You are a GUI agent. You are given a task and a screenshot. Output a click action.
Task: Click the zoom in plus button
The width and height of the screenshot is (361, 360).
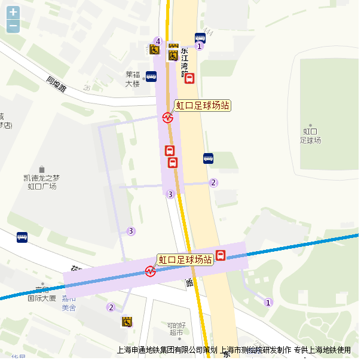tap(13, 12)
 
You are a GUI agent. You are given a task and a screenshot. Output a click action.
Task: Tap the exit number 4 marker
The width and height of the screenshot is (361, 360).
tap(158, 41)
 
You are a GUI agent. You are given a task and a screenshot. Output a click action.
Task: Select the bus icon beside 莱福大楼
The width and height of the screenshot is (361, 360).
tap(151, 77)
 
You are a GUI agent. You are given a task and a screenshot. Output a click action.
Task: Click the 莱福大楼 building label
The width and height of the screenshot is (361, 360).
tap(132, 79)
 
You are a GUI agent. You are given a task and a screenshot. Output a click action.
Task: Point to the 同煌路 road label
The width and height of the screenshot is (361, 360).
tap(57, 84)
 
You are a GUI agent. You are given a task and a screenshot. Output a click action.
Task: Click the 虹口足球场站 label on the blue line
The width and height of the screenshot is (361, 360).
tap(185, 260)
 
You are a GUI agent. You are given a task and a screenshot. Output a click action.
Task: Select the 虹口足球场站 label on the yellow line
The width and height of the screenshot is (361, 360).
tap(202, 106)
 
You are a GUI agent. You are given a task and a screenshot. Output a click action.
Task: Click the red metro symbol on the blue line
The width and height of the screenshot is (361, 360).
tap(149, 271)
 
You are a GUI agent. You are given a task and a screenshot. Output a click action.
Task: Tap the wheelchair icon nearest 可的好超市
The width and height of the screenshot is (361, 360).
tap(127, 322)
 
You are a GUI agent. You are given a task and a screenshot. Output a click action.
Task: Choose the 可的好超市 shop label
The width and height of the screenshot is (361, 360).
tap(176, 328)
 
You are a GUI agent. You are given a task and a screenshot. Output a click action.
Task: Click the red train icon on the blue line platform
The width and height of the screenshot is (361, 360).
tap(221, 255)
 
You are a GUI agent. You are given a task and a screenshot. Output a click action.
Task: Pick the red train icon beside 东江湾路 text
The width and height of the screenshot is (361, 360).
tap(189, 78)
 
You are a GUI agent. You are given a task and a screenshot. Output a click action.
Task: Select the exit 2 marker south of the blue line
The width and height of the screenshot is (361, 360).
tap(111, 307)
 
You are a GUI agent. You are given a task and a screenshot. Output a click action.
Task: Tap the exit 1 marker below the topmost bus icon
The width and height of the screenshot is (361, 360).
tap(200, 47)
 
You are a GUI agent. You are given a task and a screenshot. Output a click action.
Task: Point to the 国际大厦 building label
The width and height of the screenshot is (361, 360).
tap(42, 297)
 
